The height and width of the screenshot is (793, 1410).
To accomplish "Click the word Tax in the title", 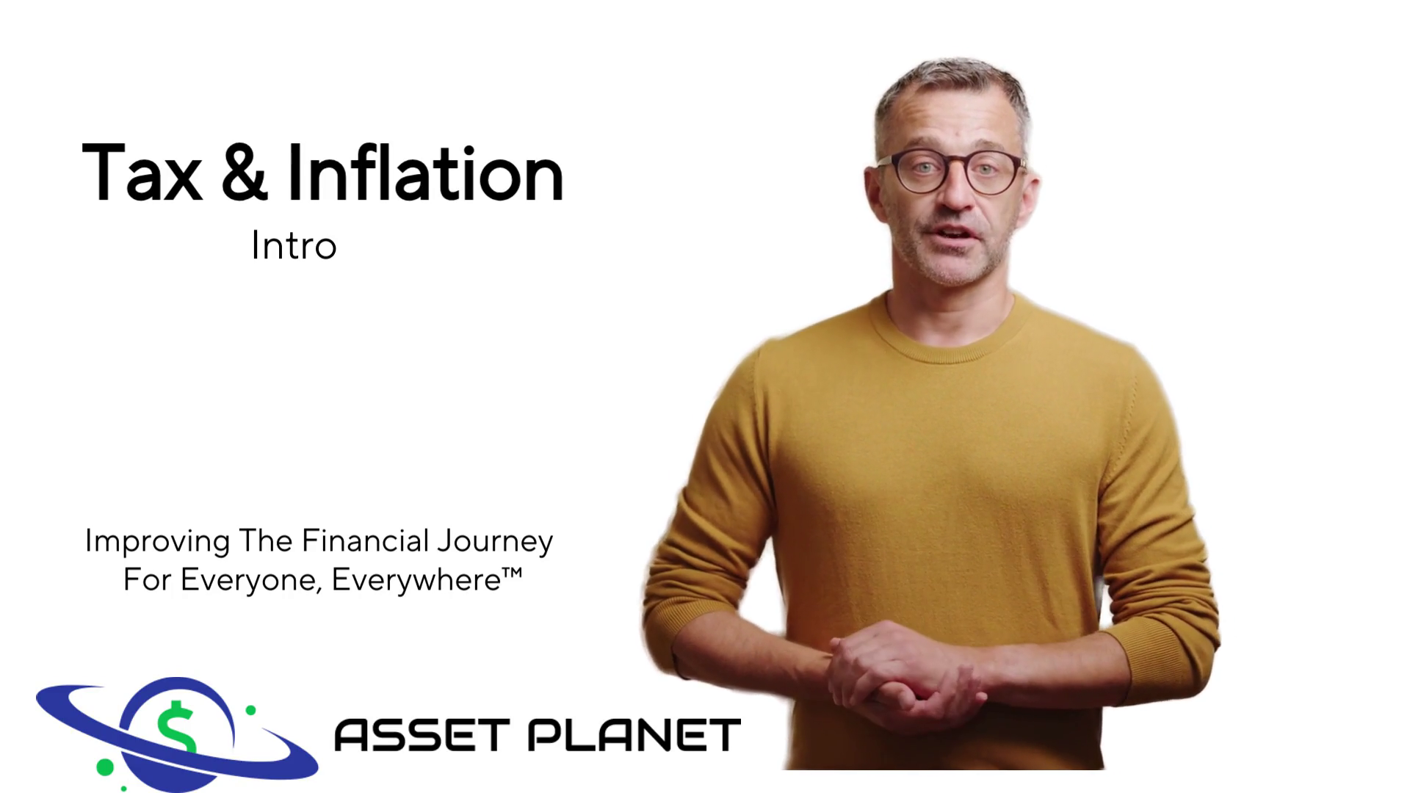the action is point(142,173).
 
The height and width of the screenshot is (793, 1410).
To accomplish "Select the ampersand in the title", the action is point(245,173).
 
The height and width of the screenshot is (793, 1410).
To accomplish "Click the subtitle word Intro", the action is point(294,246).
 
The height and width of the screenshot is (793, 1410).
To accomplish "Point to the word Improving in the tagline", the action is point(158,543).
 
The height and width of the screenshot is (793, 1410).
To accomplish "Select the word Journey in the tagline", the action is point(495,543).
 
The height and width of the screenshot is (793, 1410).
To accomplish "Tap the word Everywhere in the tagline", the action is point(416,581).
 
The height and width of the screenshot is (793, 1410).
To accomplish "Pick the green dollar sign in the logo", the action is point(176,729).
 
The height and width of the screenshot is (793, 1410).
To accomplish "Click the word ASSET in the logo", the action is point(422,735).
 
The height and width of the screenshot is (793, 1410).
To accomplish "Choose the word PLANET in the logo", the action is point(634,735).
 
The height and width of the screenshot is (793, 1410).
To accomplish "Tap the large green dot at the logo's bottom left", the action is point(105,767).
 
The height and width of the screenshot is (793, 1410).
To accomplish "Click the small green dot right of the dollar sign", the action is point(250,710).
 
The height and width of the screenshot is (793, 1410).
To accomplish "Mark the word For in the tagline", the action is point(148,580).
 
